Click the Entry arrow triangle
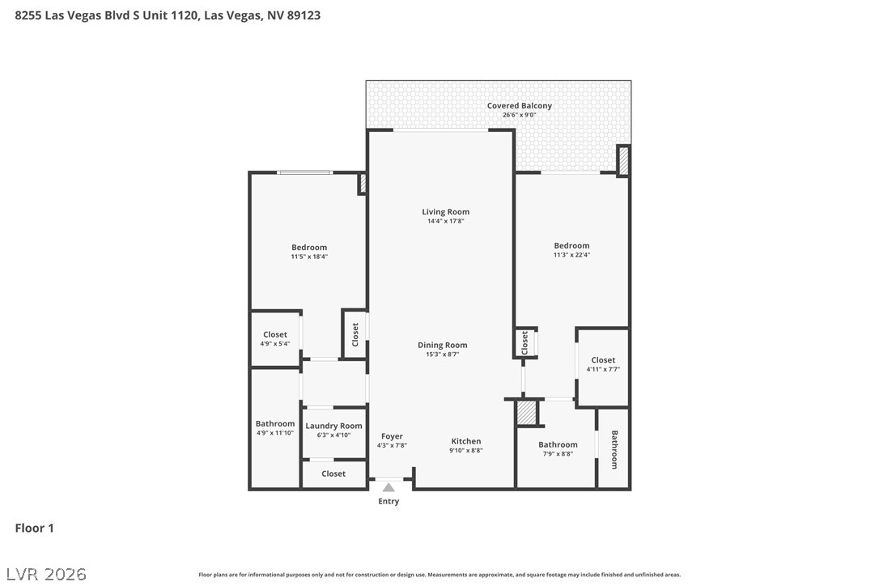pos(389,487)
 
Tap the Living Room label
pos(446,212)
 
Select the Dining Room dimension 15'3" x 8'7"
pos(442,355)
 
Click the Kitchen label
pos(466,441)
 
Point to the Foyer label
pos(392,436)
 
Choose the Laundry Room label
pos(333,427)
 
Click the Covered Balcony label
pos(520,105)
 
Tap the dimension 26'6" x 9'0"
pos(520,115)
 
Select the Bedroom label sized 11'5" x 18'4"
pos(309,248)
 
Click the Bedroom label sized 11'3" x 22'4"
pos(571,245)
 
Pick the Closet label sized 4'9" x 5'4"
pos(274,335)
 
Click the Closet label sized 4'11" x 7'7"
pos(603,360)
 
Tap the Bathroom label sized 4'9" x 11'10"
pos(274,424)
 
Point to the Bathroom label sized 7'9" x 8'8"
pos(558,444)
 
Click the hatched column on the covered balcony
pos(622,161)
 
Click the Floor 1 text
pos(34,529)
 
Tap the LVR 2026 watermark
pos(46,574)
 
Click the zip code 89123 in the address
pos(304,15)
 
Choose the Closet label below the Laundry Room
pos(333,473)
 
